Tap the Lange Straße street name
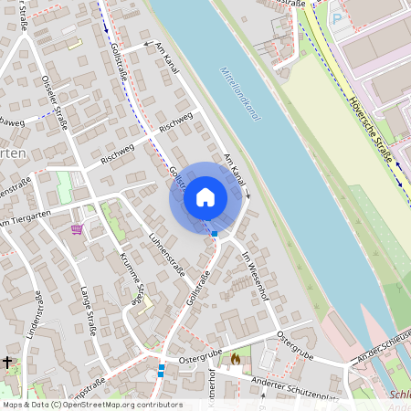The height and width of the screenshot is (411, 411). (88, 311)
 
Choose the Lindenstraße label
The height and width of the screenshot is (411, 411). (37, 315)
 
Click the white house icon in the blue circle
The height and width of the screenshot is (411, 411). (205, 197)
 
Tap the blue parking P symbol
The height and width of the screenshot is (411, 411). (336, 16)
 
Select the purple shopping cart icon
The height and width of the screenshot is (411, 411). (77, 228)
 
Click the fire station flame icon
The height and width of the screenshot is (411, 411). (236, 360)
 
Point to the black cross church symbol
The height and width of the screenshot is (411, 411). (7, 363)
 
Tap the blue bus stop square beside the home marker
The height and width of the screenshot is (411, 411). (215, 234)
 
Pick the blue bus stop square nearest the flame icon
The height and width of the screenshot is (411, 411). (161, 369)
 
